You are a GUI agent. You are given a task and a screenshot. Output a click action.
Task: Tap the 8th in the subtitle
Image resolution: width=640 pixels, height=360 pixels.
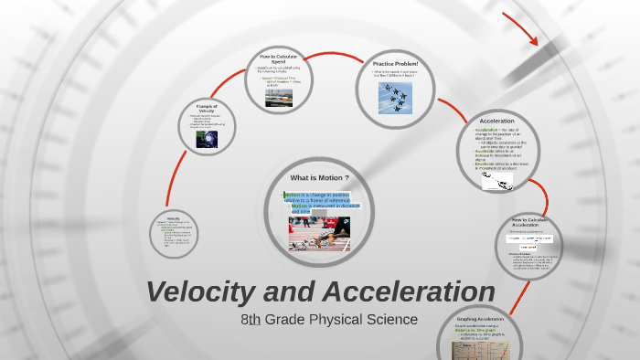[x=251, y=320]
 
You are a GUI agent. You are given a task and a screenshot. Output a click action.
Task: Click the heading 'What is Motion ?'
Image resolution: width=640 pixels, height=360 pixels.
[x=319, y=176]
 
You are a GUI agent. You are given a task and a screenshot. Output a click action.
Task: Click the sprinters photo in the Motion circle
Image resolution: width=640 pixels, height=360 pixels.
[x=317, y=233]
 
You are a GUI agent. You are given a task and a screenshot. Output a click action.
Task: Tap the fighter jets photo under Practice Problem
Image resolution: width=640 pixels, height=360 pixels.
[x=395, y=96]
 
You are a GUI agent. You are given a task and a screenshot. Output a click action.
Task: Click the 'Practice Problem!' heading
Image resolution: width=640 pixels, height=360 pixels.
[x=395, y=63]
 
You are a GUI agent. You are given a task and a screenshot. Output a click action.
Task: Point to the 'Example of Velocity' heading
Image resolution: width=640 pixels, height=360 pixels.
[x=207, y=108]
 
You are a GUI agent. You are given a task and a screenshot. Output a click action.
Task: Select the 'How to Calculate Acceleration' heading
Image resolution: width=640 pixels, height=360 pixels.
[x=529, y=223]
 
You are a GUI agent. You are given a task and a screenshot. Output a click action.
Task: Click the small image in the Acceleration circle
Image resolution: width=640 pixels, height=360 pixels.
[x=497, y=182]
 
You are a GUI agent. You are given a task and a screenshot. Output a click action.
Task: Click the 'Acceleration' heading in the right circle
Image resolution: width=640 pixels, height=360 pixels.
[x=496, y=121]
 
